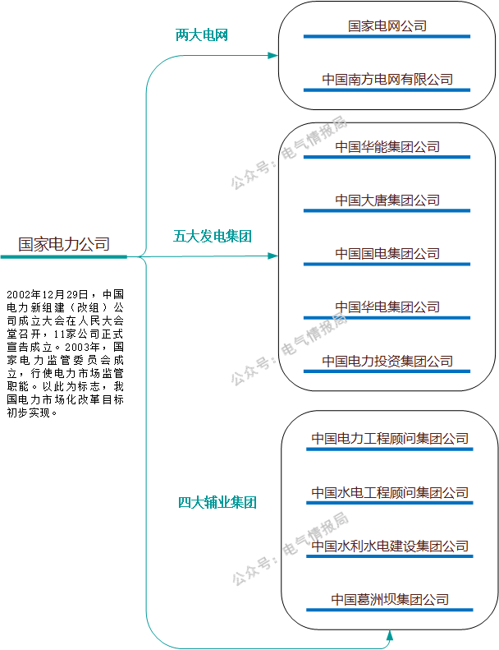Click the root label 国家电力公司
pos(64,244)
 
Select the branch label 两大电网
pos(201,35)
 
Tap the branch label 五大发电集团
pos(213,237)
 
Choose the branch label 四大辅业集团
pos(217,502)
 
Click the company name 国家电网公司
pos(387,26)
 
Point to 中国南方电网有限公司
pos(387,80)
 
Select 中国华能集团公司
pos(387,147)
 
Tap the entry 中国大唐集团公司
pos(387,201)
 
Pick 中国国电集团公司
pos(387,254)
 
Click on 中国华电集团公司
pos(387,307)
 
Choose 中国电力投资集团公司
pos(387,361)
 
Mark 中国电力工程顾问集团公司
pos(390,439)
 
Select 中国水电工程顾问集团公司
pos(390,493)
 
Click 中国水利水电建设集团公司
pos(390,546)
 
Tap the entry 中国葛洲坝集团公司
pos(390,600)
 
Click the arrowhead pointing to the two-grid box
pos(273,55)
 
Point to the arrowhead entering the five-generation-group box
pos(273,256)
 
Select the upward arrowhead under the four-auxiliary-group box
pos(389,635)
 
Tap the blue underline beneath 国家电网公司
pos(387,36)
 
